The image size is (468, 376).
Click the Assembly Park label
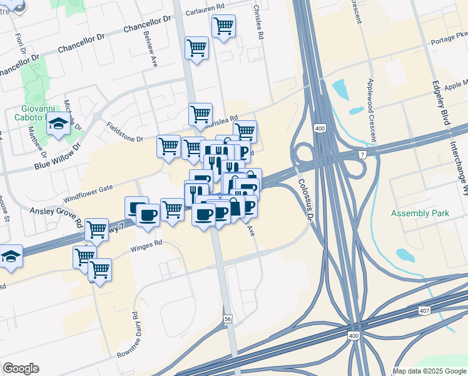pyautogui.click(x=420, y=214)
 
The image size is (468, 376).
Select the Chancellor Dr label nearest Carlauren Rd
pyautogui.click(x=147, y=25)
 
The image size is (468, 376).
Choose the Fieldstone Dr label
pyautogui.click(x=125, y=132)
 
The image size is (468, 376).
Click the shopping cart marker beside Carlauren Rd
pyautogui.click(x=223, y=26)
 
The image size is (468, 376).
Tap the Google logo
pyautogui.click(x=21, y=368)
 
